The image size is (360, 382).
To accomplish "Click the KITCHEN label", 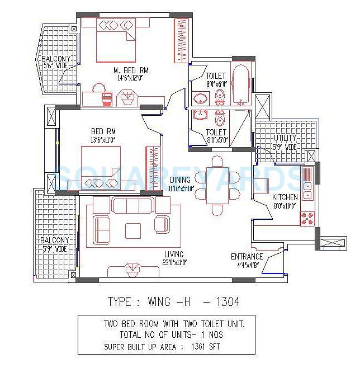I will point(285,197).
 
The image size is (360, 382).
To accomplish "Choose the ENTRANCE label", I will point(247,257).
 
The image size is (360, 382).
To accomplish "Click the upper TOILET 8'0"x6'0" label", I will point(215,76).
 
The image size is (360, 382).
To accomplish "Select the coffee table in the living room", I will point(133,230).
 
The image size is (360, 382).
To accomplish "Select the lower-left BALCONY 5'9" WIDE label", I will point(54,244).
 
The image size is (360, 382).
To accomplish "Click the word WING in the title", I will point(162,302).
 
